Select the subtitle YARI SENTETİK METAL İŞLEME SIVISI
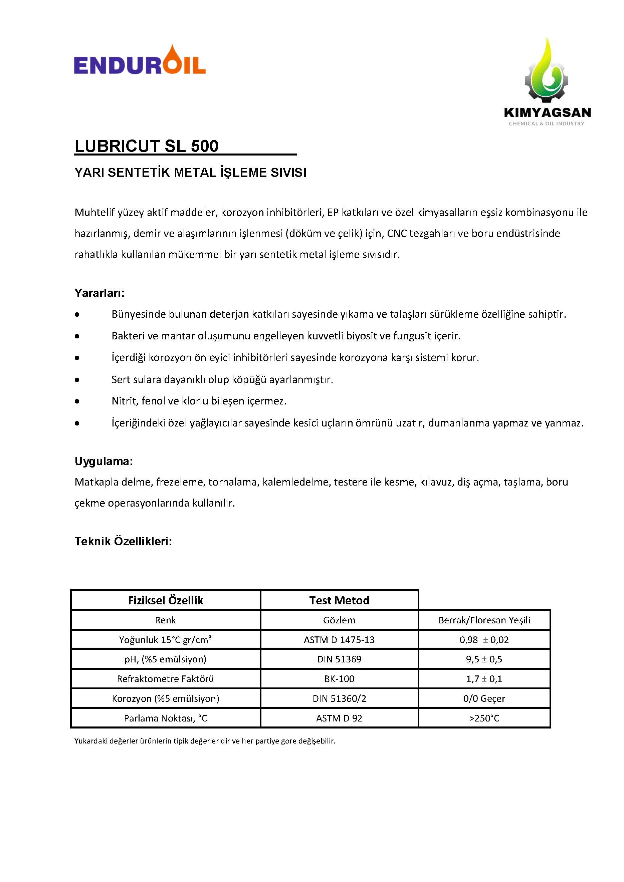pyautogui.click(x=190, y=173)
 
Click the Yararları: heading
pyautogui.click(x=99, y=293)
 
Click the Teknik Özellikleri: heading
pyautogui.click(x=123, y=541)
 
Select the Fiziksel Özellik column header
pyautogui.click(x=166, y=600)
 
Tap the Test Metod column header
pyautogui.click(x=339, y=600)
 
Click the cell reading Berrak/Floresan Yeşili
pyautogui.click(x=484, y=620)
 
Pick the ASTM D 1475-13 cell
pyautogui.click(x=339, y=640)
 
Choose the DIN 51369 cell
pyautogui.click(x=339, y=659)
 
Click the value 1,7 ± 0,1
pyautogui.click(x=484, y=679)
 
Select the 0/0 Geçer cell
pyautogui.click(x=484, y=698)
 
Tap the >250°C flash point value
pyautogui.click(x=484, y=718)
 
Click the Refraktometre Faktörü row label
pyautogui.click(x=166, y=679)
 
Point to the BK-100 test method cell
pyautogui.click(x=339, y=679)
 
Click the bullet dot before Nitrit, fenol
pyautogui.click(x=77, y=401)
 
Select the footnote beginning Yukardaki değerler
pyautogui.click(x=205, y=741)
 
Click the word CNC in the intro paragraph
pyautogui.click(x=397, y=233)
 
